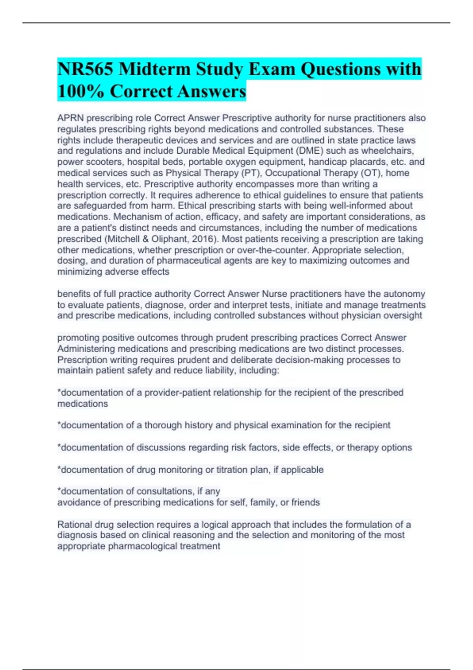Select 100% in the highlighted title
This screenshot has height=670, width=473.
pos(81,91)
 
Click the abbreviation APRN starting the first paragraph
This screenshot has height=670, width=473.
pos(71,118)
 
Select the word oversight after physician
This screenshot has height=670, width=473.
pos(403,316)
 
